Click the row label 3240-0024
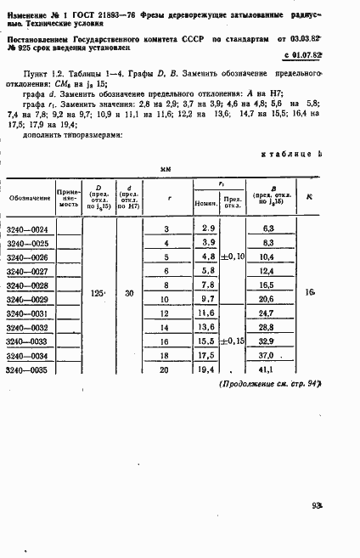28,228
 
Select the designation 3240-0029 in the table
28,300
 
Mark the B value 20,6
266,300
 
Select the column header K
308,197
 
